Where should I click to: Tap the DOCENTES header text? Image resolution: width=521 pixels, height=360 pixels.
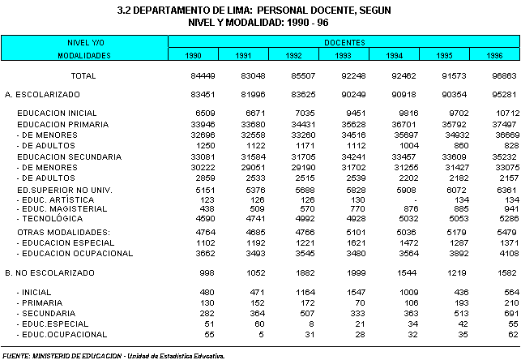pos(344,41)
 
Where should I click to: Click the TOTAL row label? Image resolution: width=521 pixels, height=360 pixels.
pos(83,75)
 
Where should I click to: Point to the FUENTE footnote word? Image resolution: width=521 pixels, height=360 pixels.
pos(17,354)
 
